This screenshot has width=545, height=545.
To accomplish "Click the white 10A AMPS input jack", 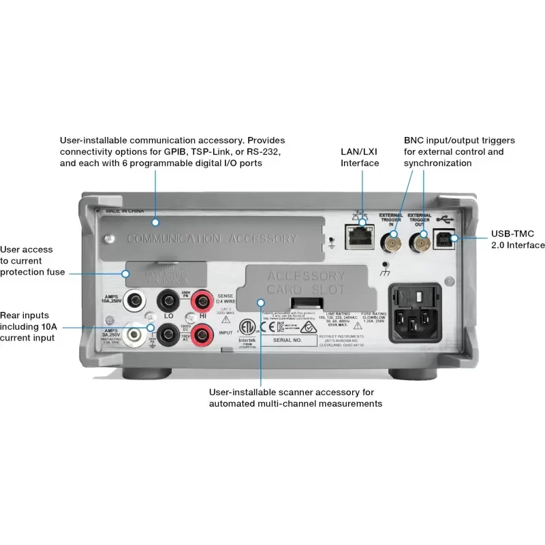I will pos(138,298).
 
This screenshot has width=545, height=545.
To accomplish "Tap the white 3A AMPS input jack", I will pos(138,333).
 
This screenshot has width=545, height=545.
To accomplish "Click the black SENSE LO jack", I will pos(168,299).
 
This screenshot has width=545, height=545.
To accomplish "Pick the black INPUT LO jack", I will pos(168,334).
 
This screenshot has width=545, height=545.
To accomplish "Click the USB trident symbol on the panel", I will pos(444,219).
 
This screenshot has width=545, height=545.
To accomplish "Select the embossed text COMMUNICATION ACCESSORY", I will pos(212,238).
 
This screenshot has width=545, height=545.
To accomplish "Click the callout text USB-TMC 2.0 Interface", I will pos(517,240).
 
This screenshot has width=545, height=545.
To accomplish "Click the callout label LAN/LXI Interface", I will pos(360,157).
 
